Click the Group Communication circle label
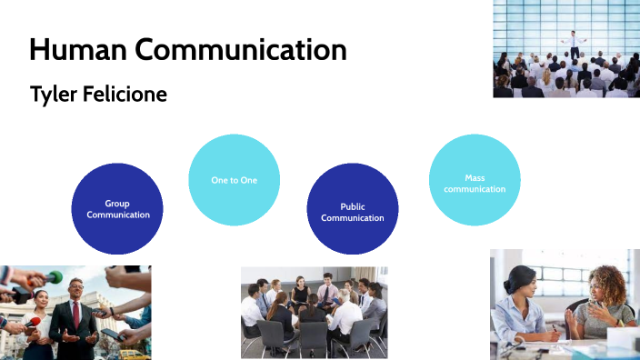117,209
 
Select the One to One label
234,180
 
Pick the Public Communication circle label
352,212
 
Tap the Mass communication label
474,183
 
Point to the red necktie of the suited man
76,314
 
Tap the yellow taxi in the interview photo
134,354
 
